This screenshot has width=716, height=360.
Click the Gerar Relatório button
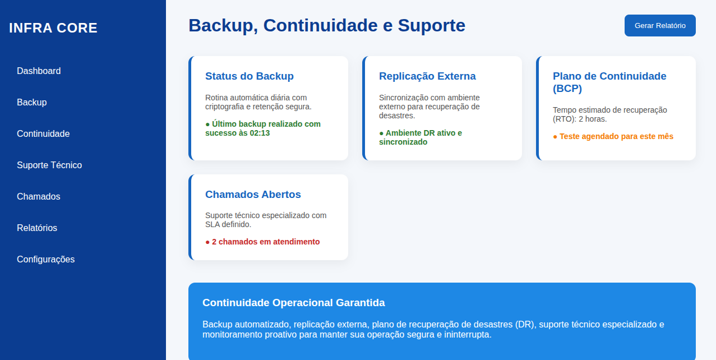(660, 26)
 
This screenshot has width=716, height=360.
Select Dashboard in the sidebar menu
(39, 71)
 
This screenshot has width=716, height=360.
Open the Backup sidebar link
(32, 103)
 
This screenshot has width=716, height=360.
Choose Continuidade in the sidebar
(43, 134)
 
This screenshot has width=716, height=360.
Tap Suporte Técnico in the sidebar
(49, 165)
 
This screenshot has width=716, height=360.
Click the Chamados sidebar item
(39, 197)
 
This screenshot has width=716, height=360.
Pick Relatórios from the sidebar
(37, 228)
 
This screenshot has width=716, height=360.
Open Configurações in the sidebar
(45, 260)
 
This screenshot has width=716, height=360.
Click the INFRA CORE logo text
(53, 28)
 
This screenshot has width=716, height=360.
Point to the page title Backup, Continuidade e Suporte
(327, 26)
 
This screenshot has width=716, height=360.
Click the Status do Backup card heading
(250, 76)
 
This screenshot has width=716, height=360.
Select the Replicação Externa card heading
(427, 76)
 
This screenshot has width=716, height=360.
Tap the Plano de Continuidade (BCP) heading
(609, 82)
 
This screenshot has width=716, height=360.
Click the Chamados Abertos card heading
(253, 195)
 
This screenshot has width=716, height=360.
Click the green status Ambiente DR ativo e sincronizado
(421, 137)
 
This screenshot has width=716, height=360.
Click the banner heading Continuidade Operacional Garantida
(294, 303)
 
